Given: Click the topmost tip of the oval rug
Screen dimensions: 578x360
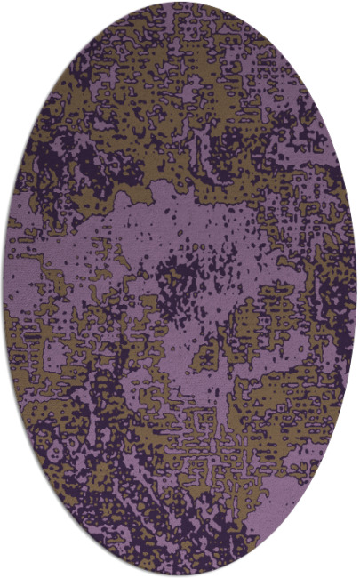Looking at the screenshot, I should coord(180,4).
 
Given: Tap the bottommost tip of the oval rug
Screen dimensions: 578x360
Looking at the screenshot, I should coord(180,574).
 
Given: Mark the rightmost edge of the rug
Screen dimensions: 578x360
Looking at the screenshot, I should coord(356,289).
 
